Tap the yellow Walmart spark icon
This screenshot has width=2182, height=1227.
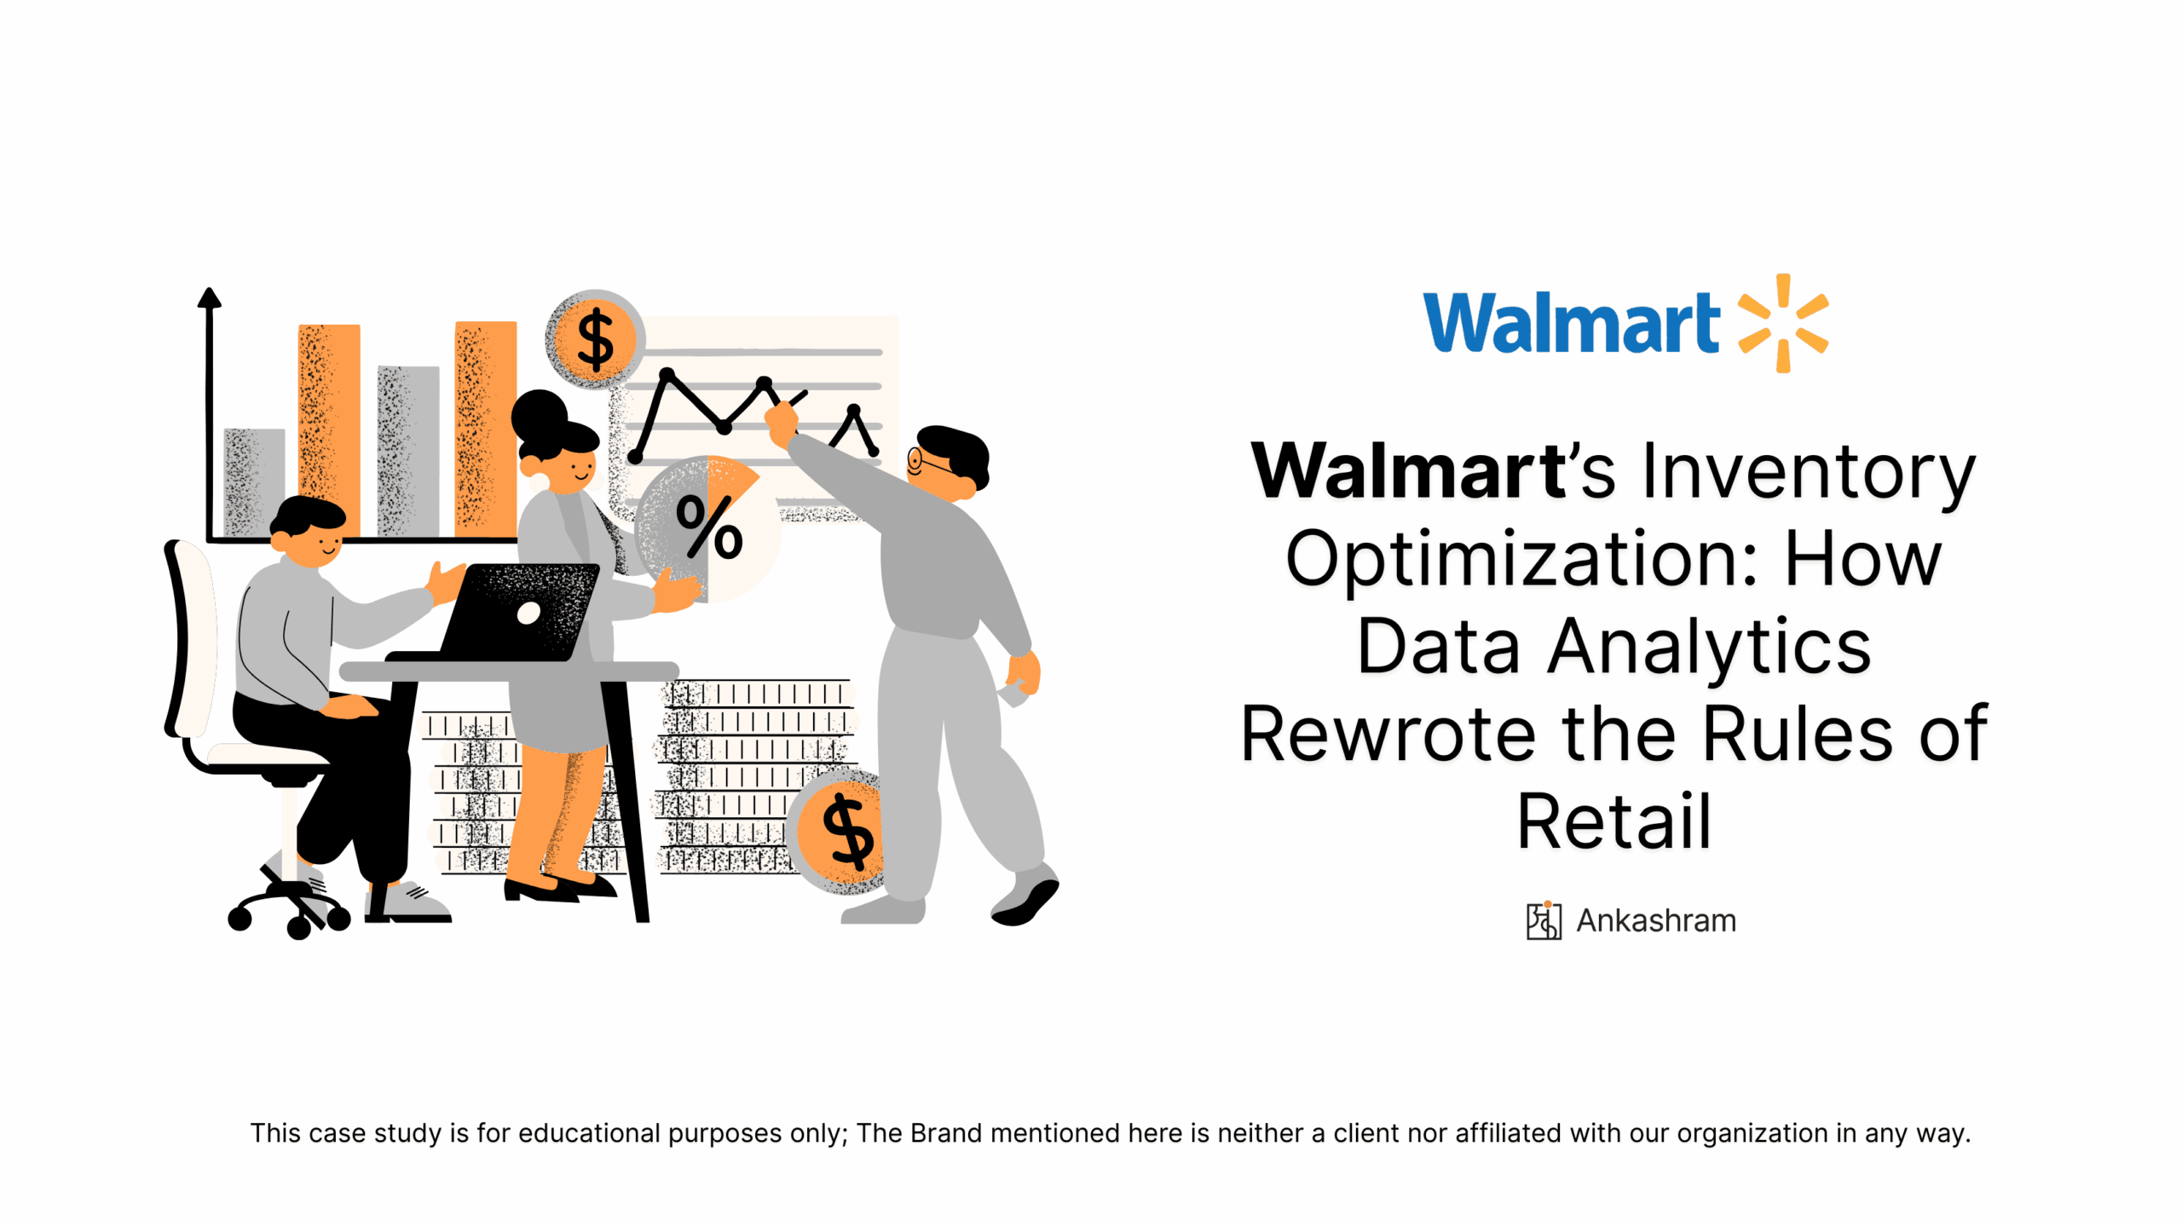click(1782, 323)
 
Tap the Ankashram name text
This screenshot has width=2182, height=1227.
click(1655, 920)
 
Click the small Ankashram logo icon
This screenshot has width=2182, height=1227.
click(1544, 920)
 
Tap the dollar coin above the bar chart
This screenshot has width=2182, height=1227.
click(595, 338)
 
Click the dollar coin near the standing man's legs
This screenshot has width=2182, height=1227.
click(840, 831)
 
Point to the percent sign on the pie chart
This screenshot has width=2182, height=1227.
click(708, 527)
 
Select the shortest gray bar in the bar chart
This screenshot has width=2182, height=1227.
click(254, 482)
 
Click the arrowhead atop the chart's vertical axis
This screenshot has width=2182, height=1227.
click(209, 297)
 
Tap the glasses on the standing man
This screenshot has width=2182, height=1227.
click(928, 462)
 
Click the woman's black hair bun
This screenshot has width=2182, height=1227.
click(540, 414)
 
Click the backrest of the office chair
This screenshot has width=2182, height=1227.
click(189, 638)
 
